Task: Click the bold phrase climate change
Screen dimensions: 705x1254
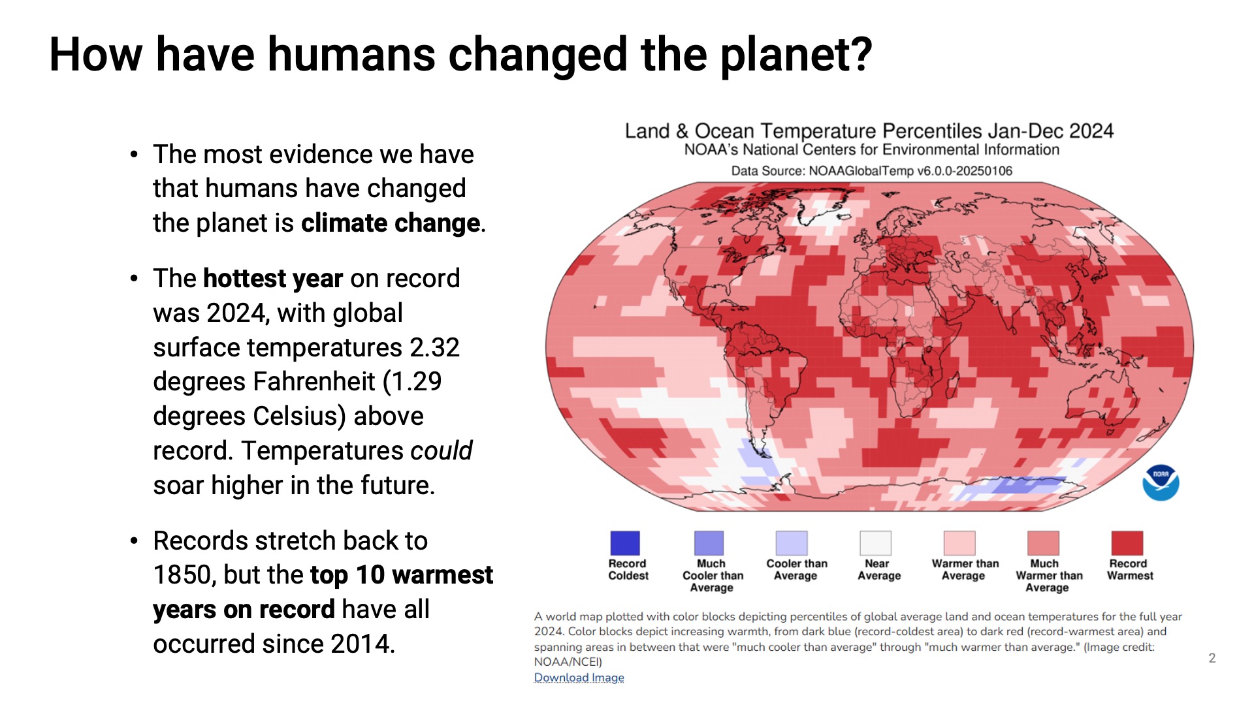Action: (x=391, y=223)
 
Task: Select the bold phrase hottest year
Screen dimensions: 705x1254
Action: (x=272, y=279)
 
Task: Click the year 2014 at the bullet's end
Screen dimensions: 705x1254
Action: (x=361, y=644)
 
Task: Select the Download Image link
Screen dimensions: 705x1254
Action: (x=579, y=678)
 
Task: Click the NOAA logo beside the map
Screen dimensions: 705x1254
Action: (x=1161, y=483)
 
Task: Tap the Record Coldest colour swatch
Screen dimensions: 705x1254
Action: (x=625, y=543)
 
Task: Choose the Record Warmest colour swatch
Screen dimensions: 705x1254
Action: (x=1127, y=543)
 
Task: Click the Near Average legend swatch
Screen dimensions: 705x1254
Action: (x=876, y=543)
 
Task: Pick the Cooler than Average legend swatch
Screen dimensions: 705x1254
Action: (x=792, y=543)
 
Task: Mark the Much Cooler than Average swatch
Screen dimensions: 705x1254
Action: (x=709, y=543)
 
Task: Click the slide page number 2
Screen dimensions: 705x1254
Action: (x=1212, y=658)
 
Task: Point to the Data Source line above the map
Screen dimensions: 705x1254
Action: (x=871, y=171)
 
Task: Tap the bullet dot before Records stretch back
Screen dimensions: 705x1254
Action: (x=134, y=541)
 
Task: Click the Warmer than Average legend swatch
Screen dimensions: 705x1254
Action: (x=959, y=543)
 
